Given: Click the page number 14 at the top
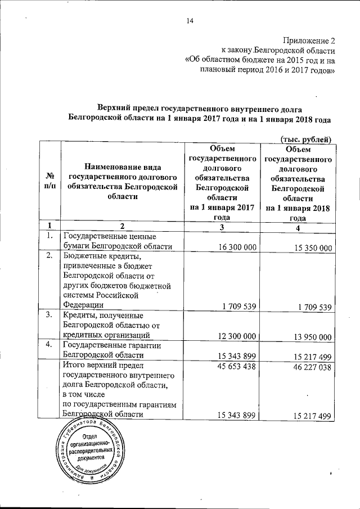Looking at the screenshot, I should click(x=190, y=22).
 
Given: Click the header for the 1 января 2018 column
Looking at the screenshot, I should click(x=298, y=183).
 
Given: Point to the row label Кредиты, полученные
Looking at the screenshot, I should click(x=107, y=325).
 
